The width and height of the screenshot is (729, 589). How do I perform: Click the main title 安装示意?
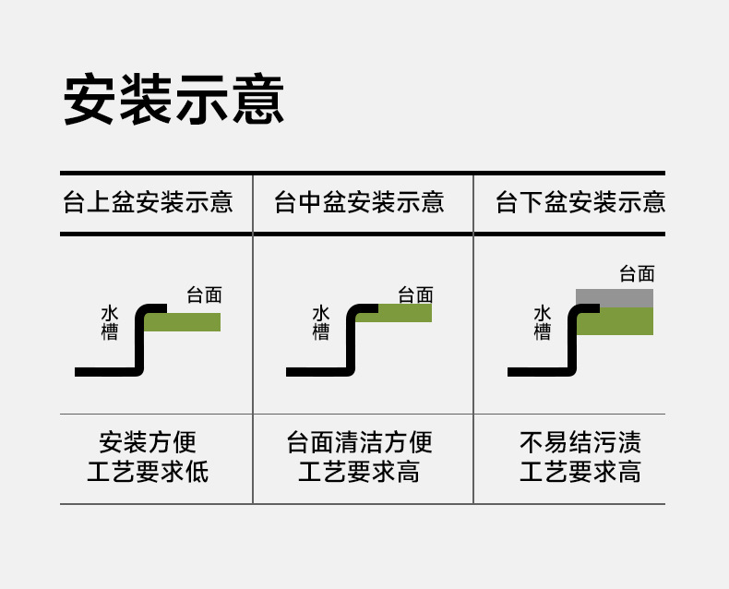[x=173, y=99]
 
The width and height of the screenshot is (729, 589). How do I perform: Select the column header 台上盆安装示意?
[x=148, y=202]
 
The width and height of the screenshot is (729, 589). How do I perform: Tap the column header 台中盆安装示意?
[x=359, y=202]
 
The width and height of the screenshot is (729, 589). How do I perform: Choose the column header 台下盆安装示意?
[x=580, y=202]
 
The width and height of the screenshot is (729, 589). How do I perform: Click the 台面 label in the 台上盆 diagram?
[x=204, y=295]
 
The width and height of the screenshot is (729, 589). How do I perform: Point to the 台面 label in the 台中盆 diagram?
[x=415, y=295]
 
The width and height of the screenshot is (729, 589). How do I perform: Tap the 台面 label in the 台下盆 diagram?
[x=637, y=273]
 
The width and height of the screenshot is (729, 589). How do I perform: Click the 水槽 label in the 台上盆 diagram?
[x=110, y=323]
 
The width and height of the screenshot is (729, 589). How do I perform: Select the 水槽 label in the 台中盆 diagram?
[x=321, y=323]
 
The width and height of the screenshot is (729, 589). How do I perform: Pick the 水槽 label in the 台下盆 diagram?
[x=543, y=323]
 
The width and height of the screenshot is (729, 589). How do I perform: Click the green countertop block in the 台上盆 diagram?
[x=185, y=322]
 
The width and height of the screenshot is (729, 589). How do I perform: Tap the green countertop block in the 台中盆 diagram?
[x=406, y=314]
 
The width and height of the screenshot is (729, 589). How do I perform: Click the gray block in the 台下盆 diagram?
[x=615, y=298]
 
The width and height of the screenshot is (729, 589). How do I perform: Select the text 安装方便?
[x=148, y=442]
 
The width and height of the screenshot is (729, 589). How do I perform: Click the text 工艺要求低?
[x=148, y=473]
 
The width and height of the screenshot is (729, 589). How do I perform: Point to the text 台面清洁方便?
[x=359, y=442]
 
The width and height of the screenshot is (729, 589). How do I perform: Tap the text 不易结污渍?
[x=580, y=442]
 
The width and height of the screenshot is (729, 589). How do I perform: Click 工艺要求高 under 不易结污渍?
[x=580, y=473]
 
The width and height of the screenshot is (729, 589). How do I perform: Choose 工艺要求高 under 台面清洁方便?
[x=359, y=473]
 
